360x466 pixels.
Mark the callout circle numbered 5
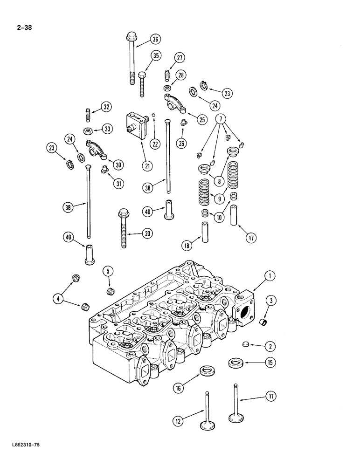point(107,272)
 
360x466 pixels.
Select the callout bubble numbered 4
point(58,299)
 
